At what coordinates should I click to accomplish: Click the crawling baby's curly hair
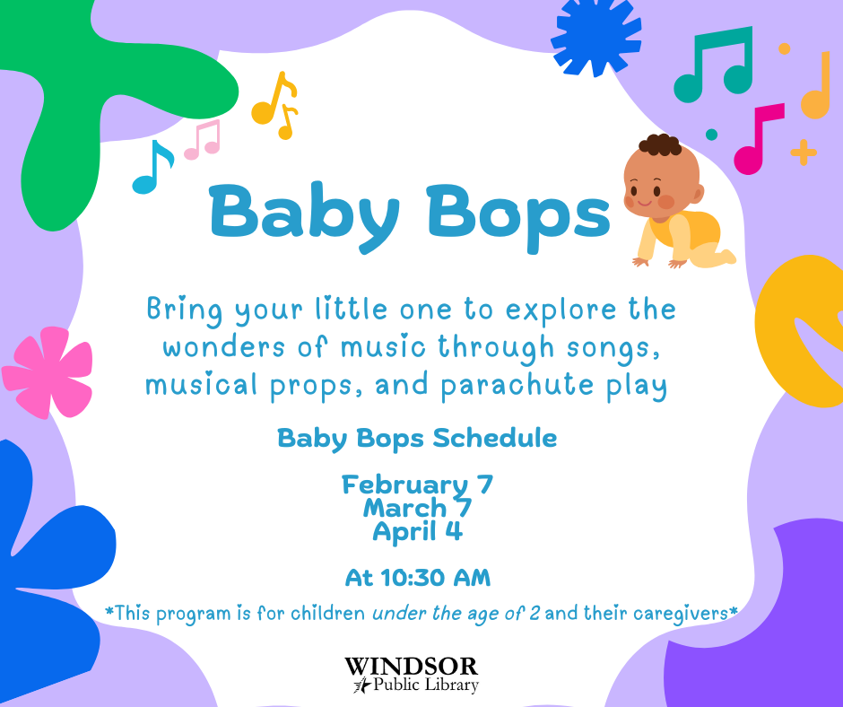pyautogui.click(x=660, y=144)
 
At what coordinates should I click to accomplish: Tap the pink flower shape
pyautogui.click(x=48, y=372)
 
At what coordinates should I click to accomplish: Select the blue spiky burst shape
pyautogui.click(x=595, y=36)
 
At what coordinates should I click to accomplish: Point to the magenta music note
pyautogui.click(x=758, y=139)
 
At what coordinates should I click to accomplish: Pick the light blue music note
pyautogui.click(x=152, y=167)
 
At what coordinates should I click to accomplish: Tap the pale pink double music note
pyautogui.click(x=203, y=140)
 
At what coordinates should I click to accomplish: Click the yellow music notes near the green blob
pyautogui.click(x=275, y=106)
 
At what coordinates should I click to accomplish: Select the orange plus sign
pyautogui.click(x=804, y=153)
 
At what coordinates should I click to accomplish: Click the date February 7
pyautogui.click(x=417, y=484)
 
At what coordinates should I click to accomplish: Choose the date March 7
pyautogui.click(x=417, y=508)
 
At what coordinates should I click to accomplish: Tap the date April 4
pyautogui.click(x=417, y=531)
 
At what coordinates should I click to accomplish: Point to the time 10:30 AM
pyautogui.click(x=436, y=578)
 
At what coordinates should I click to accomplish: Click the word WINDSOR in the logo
pyautogui.click(x=412, y=666)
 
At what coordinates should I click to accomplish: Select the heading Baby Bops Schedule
pyautogui.click(x=417, y=439)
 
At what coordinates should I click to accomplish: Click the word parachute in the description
pyautogui.click(x=517, y=385)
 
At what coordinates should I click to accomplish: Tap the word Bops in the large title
pyautogui.click(x=518, y=215)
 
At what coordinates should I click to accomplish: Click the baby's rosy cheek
pyautogui.click(x=666, y=202)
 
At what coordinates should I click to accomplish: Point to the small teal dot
pyautogui.click(x=711, y=135)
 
